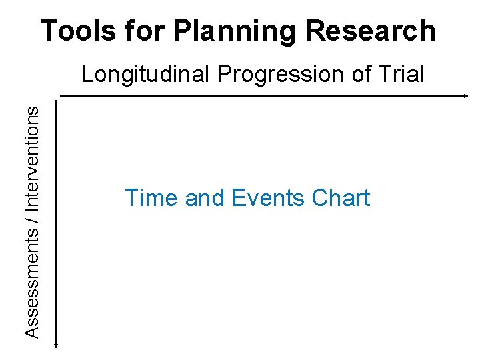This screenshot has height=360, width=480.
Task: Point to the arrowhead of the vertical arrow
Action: (57, 343)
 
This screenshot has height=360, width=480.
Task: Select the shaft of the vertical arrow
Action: (57, 220)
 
